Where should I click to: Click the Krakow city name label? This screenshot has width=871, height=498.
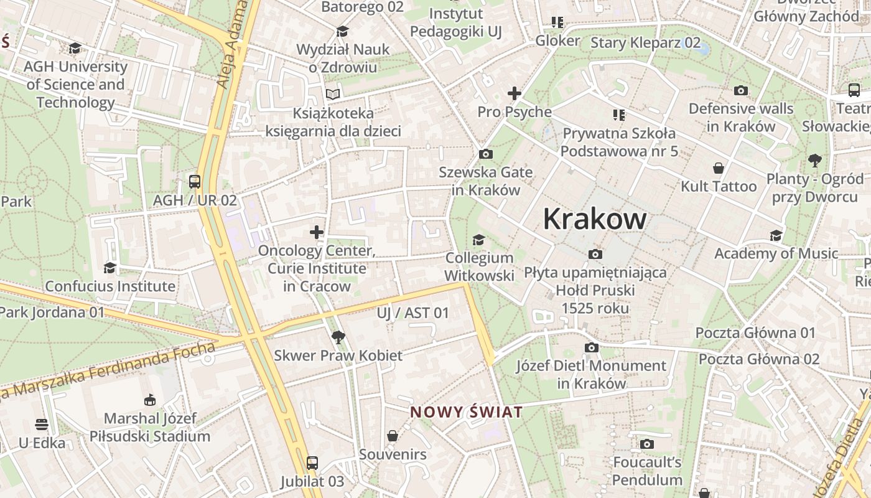coord(594,219)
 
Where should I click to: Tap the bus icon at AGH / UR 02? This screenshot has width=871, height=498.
coord(195,182)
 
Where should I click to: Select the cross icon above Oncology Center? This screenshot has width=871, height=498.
coord(317,232)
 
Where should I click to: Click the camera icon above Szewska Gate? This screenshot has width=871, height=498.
coord(486,154)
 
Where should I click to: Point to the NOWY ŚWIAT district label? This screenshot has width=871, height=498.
coord(466,412)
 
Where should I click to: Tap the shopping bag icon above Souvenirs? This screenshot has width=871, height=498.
coord(393,436)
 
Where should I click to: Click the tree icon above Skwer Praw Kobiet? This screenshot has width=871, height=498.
coord(338,337)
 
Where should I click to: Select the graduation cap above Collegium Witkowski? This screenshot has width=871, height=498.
coord(478,240)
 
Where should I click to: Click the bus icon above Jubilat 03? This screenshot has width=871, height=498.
coord(312,463)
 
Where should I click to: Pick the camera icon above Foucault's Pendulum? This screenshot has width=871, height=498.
coord(647,444)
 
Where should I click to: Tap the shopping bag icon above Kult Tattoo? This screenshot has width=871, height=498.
coord(719,168)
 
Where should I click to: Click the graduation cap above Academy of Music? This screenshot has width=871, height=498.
coord(776,235)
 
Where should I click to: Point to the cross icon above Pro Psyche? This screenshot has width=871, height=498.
coord(514,93)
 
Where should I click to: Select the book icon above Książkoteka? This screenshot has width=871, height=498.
coord(333,95)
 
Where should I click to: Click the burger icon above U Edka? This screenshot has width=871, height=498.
coord(42,425)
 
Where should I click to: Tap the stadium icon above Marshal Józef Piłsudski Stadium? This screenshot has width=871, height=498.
coord(149,400)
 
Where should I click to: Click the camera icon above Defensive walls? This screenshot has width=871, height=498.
coord(740,91)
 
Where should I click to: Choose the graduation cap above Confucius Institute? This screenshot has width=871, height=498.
coord(110,268)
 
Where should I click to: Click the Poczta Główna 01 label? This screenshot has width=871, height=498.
coord(755,333)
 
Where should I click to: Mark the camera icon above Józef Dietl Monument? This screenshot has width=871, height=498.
coord(591,347)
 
